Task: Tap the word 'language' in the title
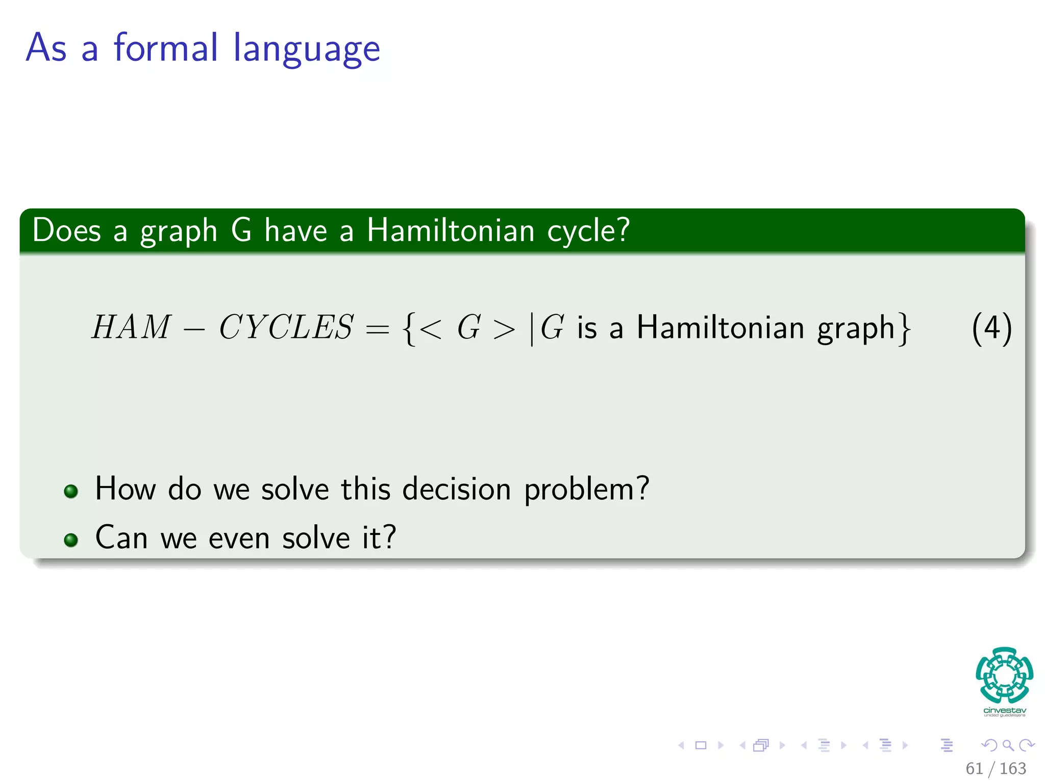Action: pyautogui.click(x=307, y=50)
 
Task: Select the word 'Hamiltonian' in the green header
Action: pyautogui.click(x=451, y=230)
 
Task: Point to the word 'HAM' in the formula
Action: pyautogui.click(x=131, y=327)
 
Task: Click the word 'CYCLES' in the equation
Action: pyautogui.click(x=286, y=327)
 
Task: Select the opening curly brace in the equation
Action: pyautogui.click(x=408, y=328)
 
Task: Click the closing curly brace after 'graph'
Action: pyautogui.click(x=905, y=328)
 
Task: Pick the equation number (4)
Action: pyautogui.click(x=991, y=328)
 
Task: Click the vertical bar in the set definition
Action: pyautogui.click(x=532, y=328)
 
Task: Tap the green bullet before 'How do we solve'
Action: pyautogui.click(x=71, y=491)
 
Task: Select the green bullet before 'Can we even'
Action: pyautogui.click(x=71, y=540)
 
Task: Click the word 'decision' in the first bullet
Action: pyautogui.click(x=457, y=489)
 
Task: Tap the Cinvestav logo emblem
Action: pyautogui.click(x=1004, y=675)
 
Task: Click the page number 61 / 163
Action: pyautogui.click(x=996, y=768)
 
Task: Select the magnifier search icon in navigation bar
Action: pyautogui.click(x=1008, y=745)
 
